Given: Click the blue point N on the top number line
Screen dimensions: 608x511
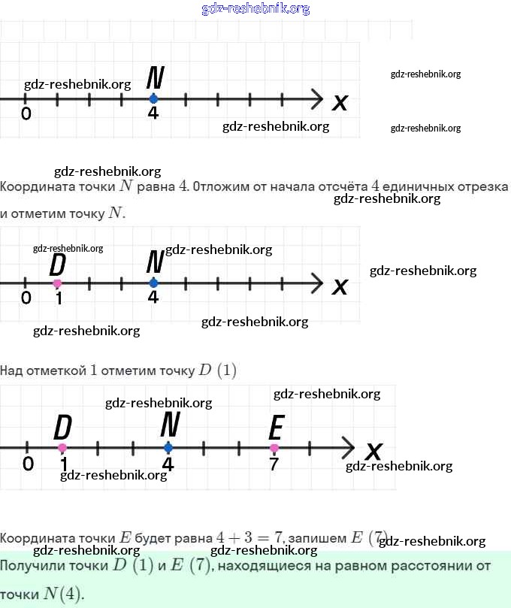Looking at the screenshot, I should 153,98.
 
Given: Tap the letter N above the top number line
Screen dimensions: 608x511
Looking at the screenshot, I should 156,78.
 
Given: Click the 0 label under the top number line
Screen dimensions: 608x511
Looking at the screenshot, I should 26,114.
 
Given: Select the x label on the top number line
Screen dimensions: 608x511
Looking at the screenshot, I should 340,101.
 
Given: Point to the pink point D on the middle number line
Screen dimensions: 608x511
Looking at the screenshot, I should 58,283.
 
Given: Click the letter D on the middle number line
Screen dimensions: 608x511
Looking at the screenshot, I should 58,265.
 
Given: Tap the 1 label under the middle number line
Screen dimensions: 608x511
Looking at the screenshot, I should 59,298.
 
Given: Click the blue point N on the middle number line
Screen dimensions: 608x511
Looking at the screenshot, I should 153,283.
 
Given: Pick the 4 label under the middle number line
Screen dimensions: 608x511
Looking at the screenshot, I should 153,298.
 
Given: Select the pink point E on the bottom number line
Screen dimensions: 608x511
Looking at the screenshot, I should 274,448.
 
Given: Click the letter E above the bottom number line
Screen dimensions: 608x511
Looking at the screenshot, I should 276,428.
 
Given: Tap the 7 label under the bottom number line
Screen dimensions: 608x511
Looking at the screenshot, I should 274,464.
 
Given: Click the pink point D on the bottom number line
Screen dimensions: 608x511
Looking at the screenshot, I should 62,448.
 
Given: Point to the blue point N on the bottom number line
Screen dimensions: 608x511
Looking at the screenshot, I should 168,448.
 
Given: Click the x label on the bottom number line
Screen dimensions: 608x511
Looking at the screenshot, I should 373,451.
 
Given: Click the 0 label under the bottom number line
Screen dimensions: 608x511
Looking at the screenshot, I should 28,464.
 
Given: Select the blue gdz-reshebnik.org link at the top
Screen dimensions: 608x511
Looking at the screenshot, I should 255,9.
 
